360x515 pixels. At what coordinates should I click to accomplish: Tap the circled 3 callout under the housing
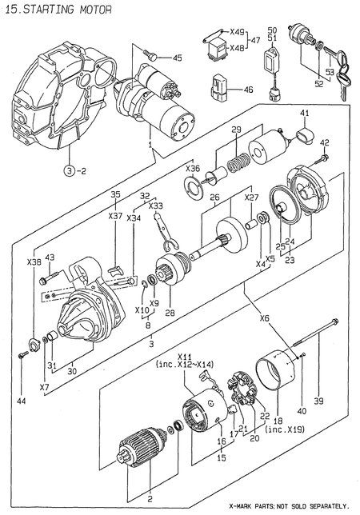pos(70,170)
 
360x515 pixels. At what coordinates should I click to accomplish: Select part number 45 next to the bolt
pos(177,57)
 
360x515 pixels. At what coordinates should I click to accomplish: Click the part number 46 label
pos(248,90)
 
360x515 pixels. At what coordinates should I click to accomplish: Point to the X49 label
pos(237,32)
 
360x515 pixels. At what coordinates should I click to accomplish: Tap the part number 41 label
pos(304,114)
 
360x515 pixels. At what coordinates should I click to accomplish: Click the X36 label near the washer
pos(193,169)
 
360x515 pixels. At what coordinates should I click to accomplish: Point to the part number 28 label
pos(170,312)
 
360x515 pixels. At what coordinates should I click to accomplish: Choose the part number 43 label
pos(50,257)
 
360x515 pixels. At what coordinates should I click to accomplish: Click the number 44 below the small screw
pos(22,400)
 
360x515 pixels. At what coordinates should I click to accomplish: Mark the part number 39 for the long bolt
pos(318,400)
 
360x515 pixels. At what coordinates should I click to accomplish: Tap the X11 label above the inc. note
pos(186,356)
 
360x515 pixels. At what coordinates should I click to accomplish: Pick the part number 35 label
pos(115,194)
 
